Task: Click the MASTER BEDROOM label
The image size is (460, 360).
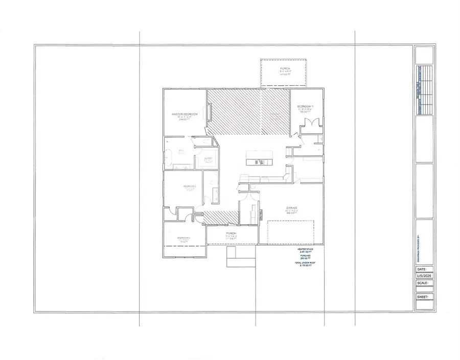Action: pyautogui.click(x=185, y=114)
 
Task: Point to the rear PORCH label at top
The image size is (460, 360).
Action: pyautogui.click(x=284, y=68)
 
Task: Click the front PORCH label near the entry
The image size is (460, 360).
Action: pyautogui.click(x=231, y=233)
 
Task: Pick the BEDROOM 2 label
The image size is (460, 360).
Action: pyautogui.click(x=190, y=186)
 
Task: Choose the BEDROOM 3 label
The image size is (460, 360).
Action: pyautogui.click(x=184, y=238)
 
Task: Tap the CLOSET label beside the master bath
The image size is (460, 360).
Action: pyautogui.click(x=208, y=158)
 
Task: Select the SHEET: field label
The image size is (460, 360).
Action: pyautogui.click(x=424, y=296)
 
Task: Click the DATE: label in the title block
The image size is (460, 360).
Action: pyautogui.click(x=422, y=269)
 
